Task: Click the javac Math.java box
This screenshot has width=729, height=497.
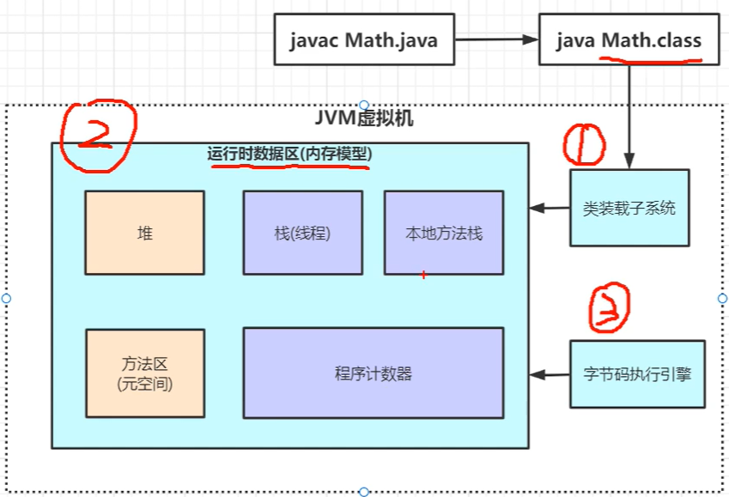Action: (x=363, y=39)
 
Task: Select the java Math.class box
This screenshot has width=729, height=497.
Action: (x=628, y=39)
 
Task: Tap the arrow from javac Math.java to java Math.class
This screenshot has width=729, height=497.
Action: (x=495, y=39)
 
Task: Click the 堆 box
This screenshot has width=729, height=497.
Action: (x=144, y=233)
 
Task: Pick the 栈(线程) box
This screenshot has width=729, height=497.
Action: (x=302, y=233)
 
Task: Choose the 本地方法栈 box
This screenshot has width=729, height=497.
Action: (x=443, y=233)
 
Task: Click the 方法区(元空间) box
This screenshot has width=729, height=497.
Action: (x=144, y=373)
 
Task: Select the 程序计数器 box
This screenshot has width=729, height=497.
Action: (x=373, y=373)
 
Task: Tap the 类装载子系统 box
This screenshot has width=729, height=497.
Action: (x=629, y=208)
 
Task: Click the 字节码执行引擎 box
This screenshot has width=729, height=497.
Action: (x=637, y=374)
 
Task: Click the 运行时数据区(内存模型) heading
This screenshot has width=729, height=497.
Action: (x=289, y=154)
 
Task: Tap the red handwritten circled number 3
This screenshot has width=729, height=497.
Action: (x=609, y=310)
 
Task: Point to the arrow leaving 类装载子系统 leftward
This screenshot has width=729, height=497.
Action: (x=550, y=208)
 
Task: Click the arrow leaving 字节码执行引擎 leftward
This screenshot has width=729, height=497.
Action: (x=550, y=374)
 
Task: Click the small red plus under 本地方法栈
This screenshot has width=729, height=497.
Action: (x=422, y=275)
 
